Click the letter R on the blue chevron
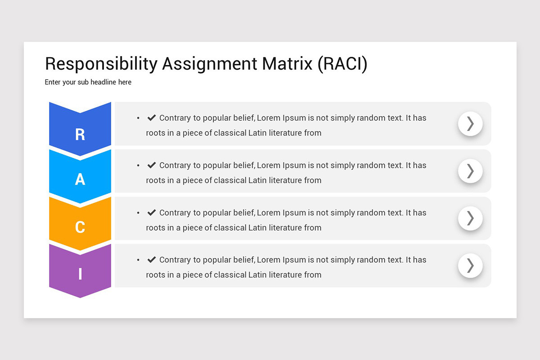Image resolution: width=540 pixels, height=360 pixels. tap(80, 134)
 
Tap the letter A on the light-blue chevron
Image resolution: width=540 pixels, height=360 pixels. tap(80, 180)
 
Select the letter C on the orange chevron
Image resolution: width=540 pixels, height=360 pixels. tap(80, 227)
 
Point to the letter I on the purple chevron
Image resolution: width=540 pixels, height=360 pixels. tap(80, 274)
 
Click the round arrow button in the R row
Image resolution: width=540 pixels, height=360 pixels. tap(470, 124)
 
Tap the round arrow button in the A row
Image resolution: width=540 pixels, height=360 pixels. tap(470, 171)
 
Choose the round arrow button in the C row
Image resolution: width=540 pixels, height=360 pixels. tap(470, 218)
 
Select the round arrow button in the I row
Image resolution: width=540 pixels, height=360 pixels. tap(470, 265)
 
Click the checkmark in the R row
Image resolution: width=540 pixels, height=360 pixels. tap(151, 117)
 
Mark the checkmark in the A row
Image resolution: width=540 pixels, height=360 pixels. tap(151, 165)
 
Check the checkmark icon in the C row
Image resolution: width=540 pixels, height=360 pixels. tap(151, 212)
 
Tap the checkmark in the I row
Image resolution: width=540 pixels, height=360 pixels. tap(151, 260)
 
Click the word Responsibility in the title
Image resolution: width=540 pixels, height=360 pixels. tap(101, 64)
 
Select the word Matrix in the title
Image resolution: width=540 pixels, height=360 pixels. tap(287, 64)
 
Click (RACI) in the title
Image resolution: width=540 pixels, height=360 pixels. tap(342, 64)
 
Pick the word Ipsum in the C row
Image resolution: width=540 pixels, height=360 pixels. tap(294, 213)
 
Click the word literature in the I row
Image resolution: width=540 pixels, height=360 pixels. tap(285, 274)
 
